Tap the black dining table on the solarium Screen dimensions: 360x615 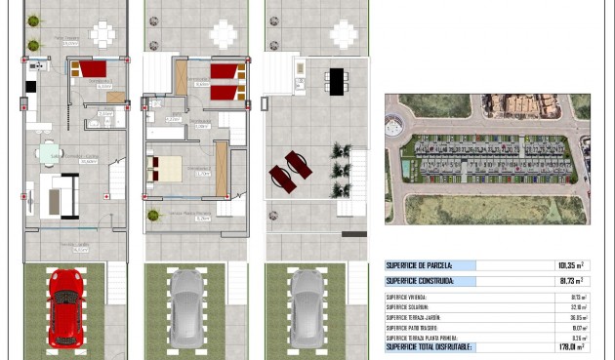[x=336, y=81]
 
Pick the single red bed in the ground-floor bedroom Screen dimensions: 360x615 [x=94, y=69]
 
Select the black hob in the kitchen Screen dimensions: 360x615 [x=30, y=86]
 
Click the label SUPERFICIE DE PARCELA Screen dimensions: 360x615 [x=419, y=265]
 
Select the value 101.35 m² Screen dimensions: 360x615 [x=570, y=265]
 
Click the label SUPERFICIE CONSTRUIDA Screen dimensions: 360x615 [x=421, y=281]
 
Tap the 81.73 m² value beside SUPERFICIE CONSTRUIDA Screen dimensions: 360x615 [x=571, y=281]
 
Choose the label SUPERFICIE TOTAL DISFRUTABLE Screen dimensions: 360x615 [x=430, y=346]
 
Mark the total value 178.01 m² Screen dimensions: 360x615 [x=569, y=346]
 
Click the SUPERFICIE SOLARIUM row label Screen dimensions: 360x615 [x=410, y=307]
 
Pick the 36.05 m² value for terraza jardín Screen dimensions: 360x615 [x=574, y=317]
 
